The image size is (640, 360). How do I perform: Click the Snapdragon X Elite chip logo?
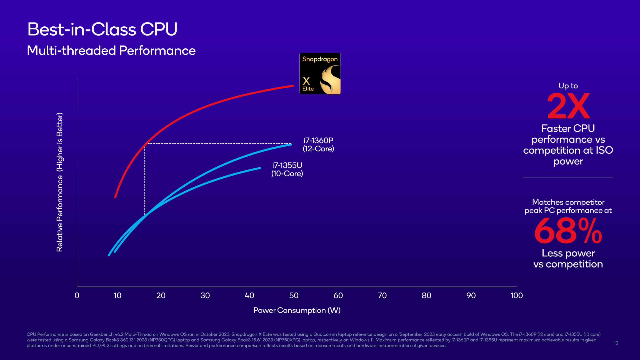(x=320, y=74)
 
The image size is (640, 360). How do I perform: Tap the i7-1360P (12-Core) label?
(x=318, y=145)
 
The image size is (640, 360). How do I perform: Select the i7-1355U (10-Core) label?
(x=287, y=169)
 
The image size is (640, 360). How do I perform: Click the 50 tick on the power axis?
(x=294, y=296)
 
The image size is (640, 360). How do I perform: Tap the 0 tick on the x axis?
(x=77, y=296)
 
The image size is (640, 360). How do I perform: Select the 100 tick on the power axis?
(x=516, y=296)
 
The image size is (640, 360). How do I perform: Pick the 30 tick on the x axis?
(x=205, y=296)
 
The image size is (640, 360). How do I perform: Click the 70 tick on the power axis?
(x=382, y=296)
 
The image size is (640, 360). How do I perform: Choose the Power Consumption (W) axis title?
(x=297, y=310)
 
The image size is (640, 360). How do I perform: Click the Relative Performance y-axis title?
(x=60, y=182)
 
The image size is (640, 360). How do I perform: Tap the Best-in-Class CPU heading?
(x=102, y=29)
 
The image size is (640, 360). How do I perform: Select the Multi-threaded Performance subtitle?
(x=111, y=51)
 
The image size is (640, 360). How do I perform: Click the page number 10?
(x=616, y=343)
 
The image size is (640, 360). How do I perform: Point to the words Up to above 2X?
(x=568, y=86)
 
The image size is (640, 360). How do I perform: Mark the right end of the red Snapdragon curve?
(x=293, y=86)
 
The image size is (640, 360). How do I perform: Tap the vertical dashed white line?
(x=145, y=178)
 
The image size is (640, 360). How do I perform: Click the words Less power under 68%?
(x=568, y=253)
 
